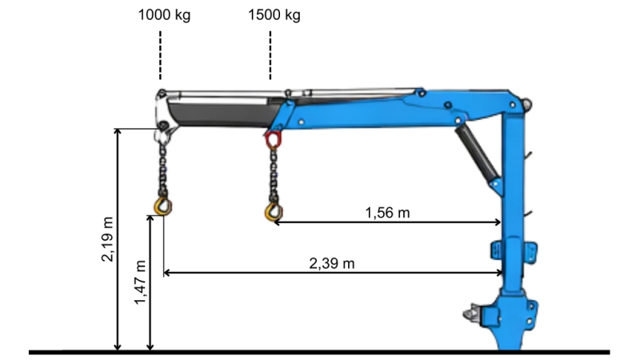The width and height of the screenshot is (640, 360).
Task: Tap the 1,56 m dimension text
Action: tap(387, 212)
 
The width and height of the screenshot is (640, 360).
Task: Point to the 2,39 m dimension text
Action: tap(331, 263)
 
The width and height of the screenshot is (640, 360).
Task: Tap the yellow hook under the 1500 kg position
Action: tap(274, 210)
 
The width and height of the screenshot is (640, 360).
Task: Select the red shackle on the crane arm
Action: tap(274, 142)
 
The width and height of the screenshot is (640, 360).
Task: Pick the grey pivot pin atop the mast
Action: tap(527, 102)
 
